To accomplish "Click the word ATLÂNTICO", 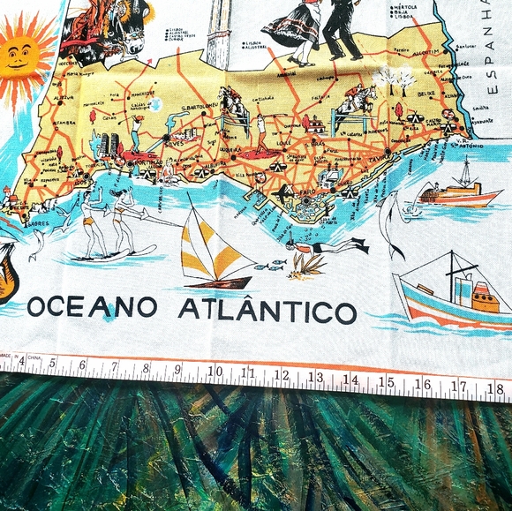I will (267, 311).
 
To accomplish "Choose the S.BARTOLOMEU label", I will (200, 110).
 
